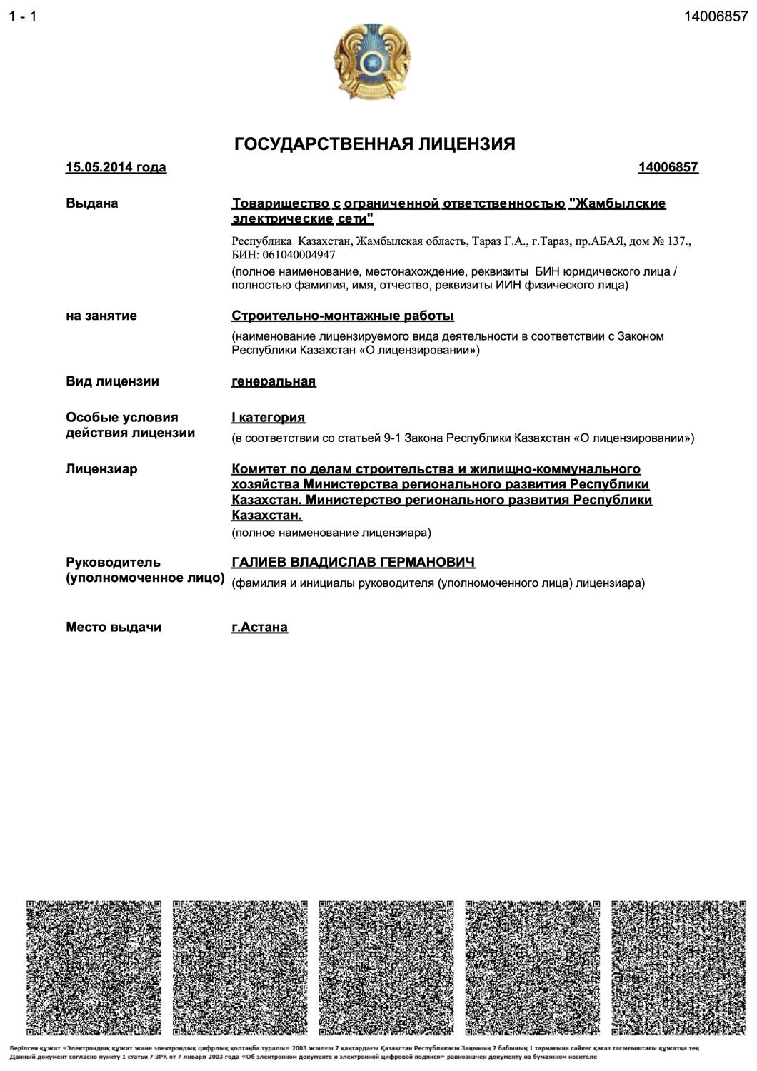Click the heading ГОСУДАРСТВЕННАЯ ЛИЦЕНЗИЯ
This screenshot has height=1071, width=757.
point(374,144)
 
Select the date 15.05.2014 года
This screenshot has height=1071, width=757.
point(116,167)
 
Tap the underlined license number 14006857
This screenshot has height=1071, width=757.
point(668,167)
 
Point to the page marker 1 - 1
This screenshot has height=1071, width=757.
point(22,16)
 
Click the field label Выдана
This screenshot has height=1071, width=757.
point(91,203)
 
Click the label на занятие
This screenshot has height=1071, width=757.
point(101,316)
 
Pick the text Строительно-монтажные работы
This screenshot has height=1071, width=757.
point(343,316)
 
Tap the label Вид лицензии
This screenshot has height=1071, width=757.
point(112,381)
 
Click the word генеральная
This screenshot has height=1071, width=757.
point(274,381)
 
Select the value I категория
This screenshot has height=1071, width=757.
point(268,417)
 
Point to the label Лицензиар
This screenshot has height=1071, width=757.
point(101,469)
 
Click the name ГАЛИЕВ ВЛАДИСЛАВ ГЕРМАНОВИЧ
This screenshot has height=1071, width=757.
point(353,563)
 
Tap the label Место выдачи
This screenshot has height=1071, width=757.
point(114,627)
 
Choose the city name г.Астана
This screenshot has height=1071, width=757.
point(259,627)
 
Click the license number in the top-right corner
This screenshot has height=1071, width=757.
point(716,16)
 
